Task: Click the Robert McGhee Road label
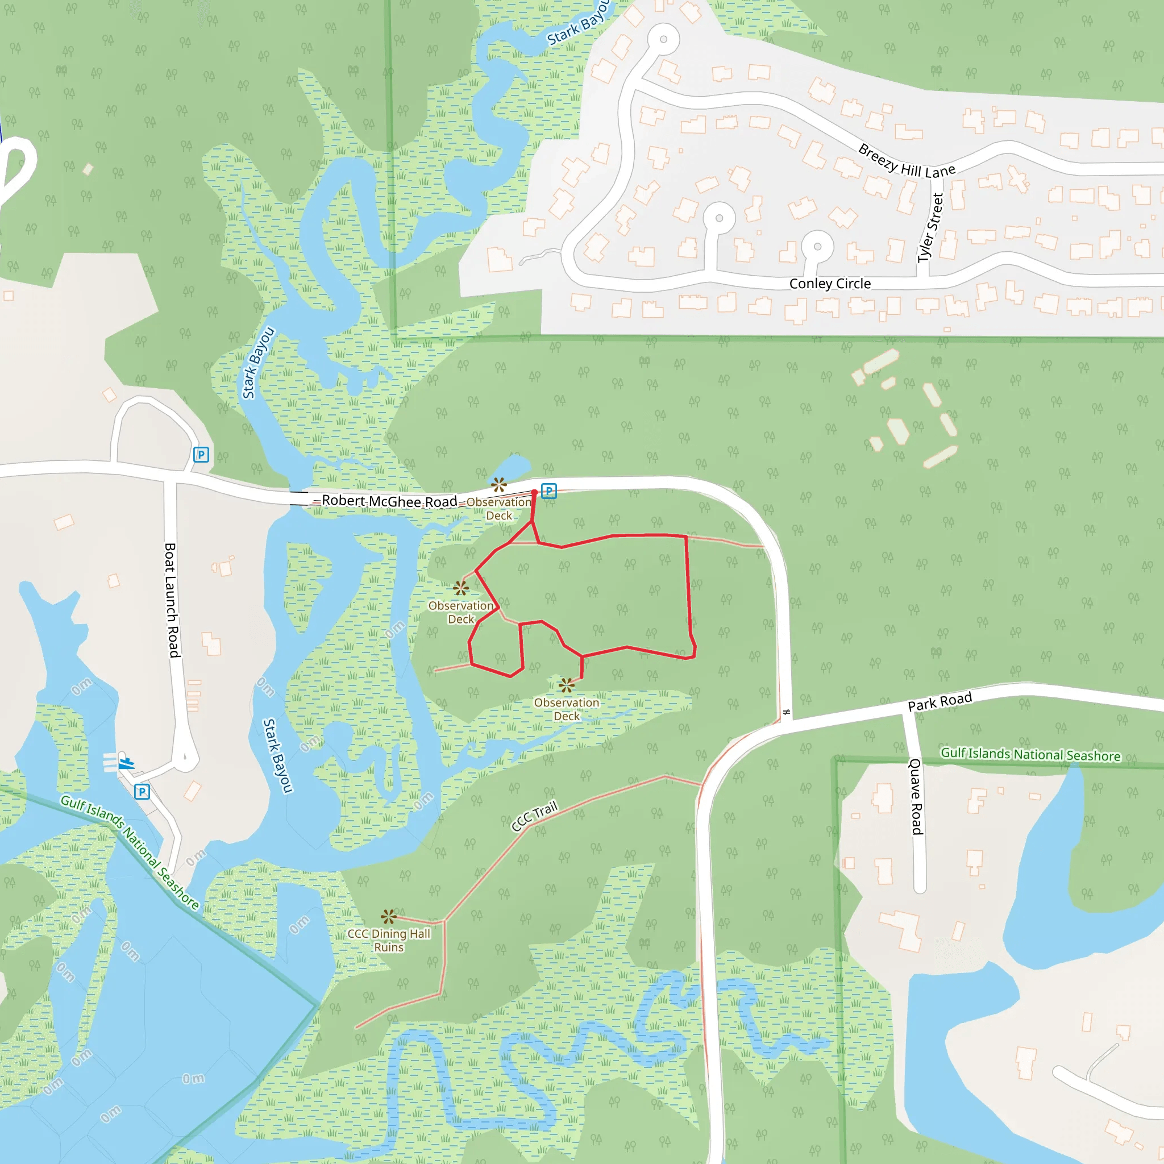(x=389, y=501)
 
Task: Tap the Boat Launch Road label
(x=172, y=600)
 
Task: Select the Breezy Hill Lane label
(x=906, y=162)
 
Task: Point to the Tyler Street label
(x=930, y=228)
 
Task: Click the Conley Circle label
(x=830, y=284)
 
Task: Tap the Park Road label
(x=939, y=701)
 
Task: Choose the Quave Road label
(x=916, y=796)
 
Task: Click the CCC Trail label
(x=534, y=816)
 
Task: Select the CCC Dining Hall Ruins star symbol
(x=389, y=917)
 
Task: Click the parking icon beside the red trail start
(x=548, y=491)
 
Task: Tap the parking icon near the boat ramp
(x=142, y=792)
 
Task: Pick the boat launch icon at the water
(x=126, y=763)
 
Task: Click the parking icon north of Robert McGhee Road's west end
(x=201, y=454)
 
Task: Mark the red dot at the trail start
(x=534, y=493)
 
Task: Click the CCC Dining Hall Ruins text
(x=389, y=940)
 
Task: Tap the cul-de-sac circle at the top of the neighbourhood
(x=663, y=40)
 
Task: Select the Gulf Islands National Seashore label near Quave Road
(x=1030, y=754)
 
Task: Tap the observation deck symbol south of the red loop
(x=566, y=684)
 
